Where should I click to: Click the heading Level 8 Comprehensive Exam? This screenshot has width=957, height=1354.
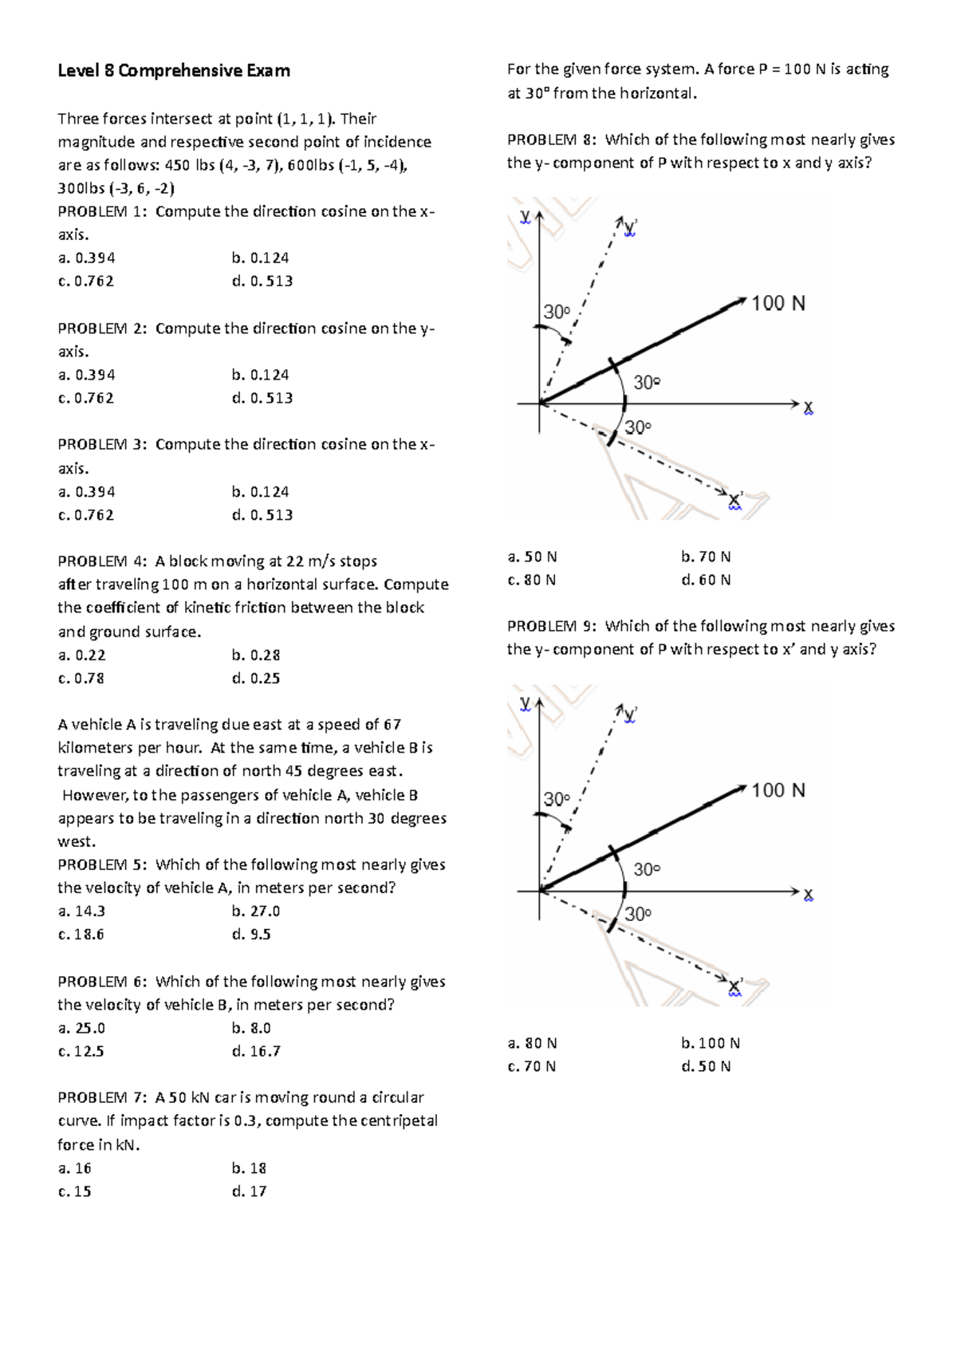point(174,71)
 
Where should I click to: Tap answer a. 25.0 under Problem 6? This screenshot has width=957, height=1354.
point(81,1029)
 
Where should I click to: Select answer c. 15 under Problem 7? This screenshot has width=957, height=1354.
point(74,1192)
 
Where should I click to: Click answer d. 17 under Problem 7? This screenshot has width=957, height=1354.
point(249,1192)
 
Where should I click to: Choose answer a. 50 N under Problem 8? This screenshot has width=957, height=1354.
point(532,557)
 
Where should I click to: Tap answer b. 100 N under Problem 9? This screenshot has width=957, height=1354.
point(711,1044)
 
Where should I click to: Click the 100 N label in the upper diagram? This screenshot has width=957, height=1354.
point(778,303)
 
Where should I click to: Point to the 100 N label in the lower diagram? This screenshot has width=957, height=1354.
point(778,790)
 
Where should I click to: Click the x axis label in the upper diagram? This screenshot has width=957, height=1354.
point(809,408)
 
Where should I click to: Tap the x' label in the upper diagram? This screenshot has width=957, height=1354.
point(735,500)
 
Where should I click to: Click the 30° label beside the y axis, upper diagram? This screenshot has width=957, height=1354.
point(557,312)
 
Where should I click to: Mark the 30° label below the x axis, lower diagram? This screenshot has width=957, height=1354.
point(638,914)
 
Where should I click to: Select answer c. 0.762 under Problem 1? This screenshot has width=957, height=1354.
point(86,281)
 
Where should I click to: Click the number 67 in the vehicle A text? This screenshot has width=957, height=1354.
point(392,725)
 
